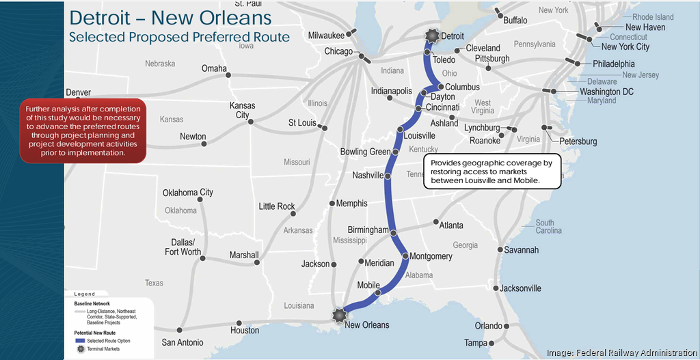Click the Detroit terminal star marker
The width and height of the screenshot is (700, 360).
click(431, 36)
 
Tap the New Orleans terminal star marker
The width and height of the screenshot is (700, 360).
click(339, 314)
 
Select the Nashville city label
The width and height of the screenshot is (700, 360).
click(368, 176)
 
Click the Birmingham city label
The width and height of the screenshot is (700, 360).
click(368, 230)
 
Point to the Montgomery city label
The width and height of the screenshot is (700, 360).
click(431, 256)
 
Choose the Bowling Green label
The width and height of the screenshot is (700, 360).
click(365, 152)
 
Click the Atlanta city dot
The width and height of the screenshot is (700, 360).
click(435, 223)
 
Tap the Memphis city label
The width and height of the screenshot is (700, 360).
click(351, 204)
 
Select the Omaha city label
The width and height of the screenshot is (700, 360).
click(214, 68)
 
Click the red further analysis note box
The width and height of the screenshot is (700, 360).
click(83, 130)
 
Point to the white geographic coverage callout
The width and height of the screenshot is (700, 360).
click(492, 171)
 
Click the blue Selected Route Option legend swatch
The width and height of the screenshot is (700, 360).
click(80, 340)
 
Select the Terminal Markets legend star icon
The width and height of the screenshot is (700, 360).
click(80, 349)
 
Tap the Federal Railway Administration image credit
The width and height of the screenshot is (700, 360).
click(621, 352)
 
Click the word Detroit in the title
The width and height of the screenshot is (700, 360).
click(113, 17)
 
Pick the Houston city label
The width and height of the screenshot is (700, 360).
click(245, 331)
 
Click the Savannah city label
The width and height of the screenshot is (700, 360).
click(521, 250)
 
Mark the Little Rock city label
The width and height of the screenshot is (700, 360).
click(277, 206)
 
